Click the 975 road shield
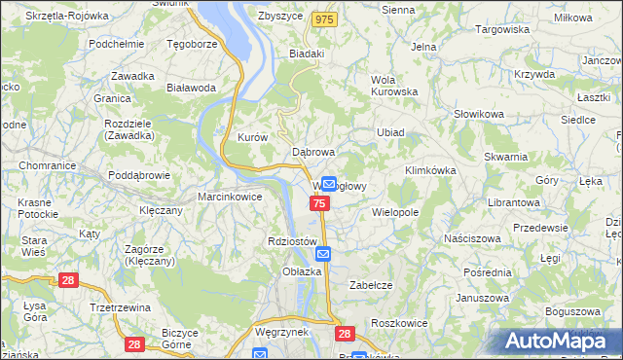tap(325, 18)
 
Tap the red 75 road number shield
tap(320, 202)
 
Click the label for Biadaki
tap(307, 54)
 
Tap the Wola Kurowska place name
tap(394, 86)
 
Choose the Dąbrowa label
tap(313, 153)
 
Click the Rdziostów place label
tap(292, 241)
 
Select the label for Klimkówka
tap(430, 170)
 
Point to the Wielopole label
tap(395, 210)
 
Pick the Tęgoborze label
tap(192, 44)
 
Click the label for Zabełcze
tap(370, 285)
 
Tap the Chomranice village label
tap(40, 165)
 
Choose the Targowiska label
tap(502, 29)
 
